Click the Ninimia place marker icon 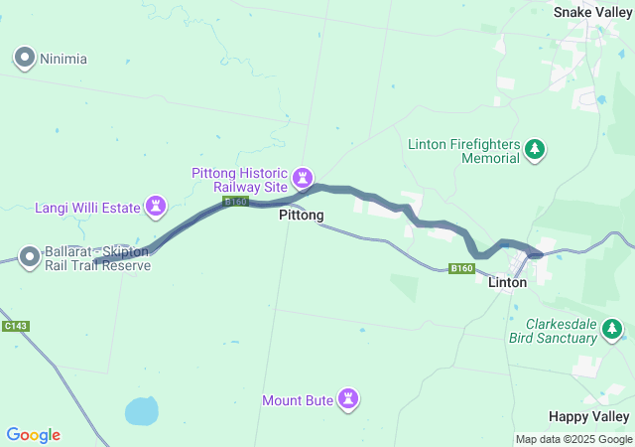[25, 59]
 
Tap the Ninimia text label [63, 59]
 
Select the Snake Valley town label [591, 12]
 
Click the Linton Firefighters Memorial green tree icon [536, 150]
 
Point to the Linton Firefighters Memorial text [463, 151]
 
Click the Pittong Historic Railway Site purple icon [303, 179]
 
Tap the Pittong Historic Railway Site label [239, 179]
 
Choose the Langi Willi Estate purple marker [156, 207]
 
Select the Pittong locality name [302, 215]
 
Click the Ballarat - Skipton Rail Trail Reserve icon [30, 258]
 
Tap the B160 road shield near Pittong [235, 202]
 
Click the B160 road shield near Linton [460, 268]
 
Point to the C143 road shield [15, 326]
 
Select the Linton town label [508, 283]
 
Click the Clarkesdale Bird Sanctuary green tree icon [615, 329]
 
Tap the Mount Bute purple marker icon [348, 399]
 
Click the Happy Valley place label [589, 416]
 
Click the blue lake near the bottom [142, 409]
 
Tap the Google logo [33, 435]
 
